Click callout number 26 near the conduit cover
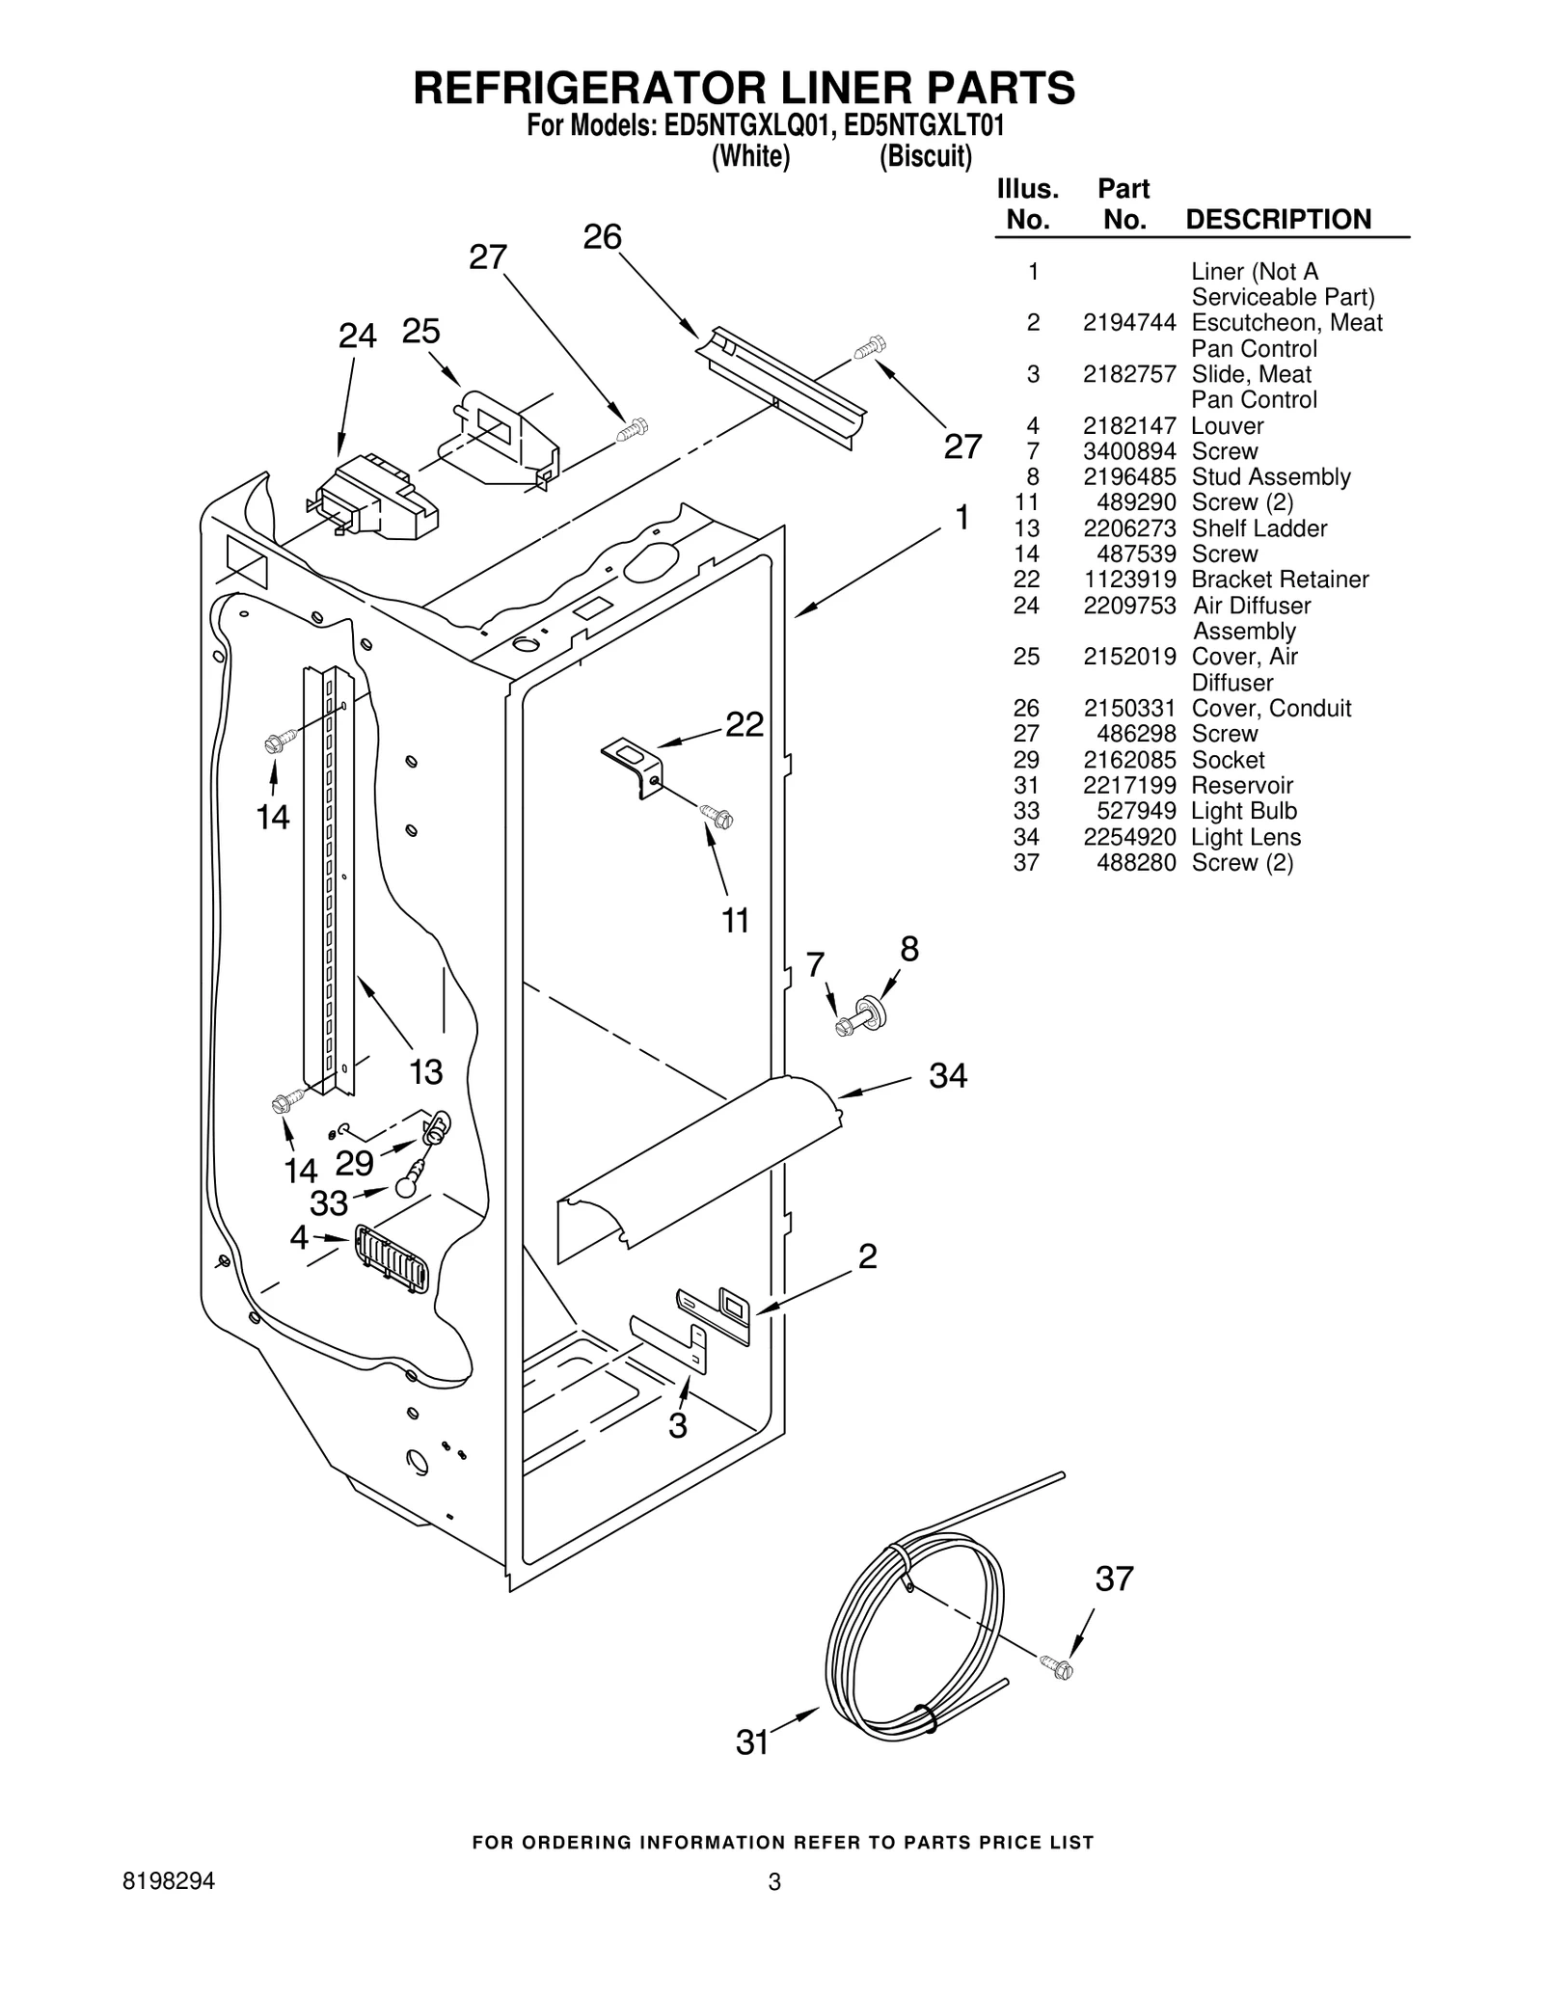coord(602,237)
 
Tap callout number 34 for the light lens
coord(947,1075)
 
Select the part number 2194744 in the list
coord(1128,323)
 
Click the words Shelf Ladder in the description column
coord(1259,528)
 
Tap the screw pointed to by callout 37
coord(1057,1667)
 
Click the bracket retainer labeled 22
coord(633,766)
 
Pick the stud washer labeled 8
coord(876,1009)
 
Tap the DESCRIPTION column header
coord(1278,220)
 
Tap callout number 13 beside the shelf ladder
coord(425,1071)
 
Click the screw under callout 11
coord(718,817)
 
